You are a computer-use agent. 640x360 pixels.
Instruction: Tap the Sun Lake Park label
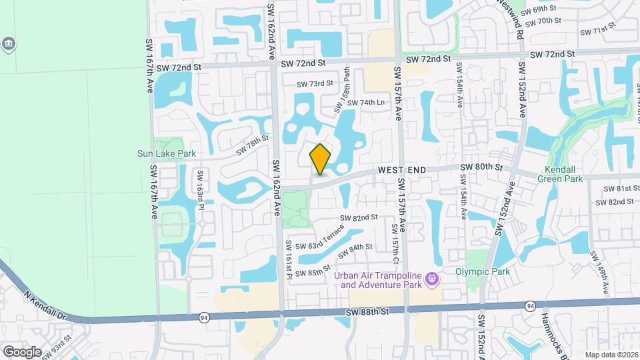(x=167, y=153)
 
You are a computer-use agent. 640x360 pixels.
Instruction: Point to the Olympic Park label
(x=482, y=271)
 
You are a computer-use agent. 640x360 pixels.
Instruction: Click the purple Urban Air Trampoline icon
(x=432, y=278)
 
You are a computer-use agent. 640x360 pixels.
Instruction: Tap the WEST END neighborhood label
(x=401, y=171)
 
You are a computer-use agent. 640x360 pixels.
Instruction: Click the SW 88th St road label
(x=367, y=312)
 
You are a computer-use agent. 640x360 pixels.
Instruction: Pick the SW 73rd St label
(x=315, y=83)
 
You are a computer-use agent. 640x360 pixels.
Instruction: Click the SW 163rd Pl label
(x=199, y=189)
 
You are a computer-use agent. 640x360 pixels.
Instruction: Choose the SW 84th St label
(x=355, y=251)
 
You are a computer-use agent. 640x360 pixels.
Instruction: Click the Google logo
(x=21, y=351)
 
